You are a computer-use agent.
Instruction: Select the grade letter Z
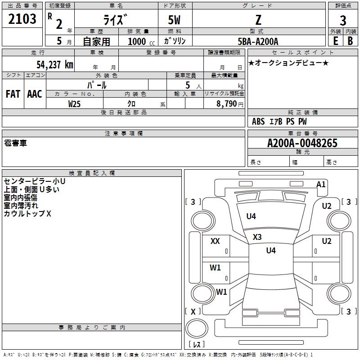(258, 20)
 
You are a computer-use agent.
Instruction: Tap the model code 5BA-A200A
(258, 41)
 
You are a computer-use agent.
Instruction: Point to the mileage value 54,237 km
(54, 64)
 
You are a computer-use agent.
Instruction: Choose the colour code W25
(74, 104)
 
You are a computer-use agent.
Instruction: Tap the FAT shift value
(13, 94)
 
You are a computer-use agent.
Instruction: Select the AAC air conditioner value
(34, 94)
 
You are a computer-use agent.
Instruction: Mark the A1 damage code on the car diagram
(321, 184)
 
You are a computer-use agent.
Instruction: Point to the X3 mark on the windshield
(257, 237)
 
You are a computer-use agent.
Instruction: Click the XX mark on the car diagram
(215, 241)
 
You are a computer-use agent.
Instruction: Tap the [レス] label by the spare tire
(196, 345)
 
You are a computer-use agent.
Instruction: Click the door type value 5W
(175, 20)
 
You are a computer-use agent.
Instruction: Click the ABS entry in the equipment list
(258, 121)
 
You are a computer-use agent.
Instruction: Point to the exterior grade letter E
(335, 41)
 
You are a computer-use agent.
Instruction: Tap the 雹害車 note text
(15, 143)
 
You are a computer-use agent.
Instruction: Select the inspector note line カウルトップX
(27, 214)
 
